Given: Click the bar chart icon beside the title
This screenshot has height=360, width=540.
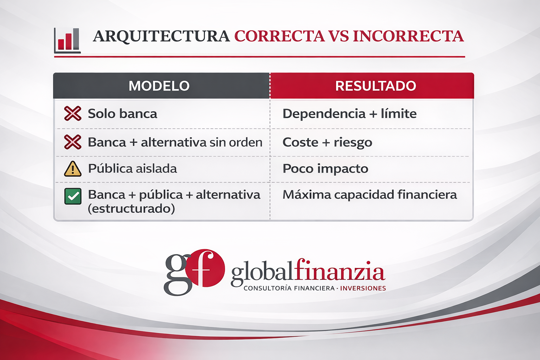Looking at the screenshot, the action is coord(67,40).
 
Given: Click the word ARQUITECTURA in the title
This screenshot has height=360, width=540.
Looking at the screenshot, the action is coord(161,37).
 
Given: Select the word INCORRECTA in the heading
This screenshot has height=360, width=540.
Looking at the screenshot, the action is coord(409,36).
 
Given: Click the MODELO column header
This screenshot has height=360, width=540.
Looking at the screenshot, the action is coord(159,86).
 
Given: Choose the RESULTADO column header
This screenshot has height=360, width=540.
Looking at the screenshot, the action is coord(375,86).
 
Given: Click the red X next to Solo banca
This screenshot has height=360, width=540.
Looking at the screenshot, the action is coord(72,113).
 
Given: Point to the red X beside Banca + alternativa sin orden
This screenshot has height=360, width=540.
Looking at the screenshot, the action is coord(72,142).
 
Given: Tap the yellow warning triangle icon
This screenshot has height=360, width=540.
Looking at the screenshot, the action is coord(72,169).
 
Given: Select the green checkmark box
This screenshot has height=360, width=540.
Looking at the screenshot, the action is coord(73,196).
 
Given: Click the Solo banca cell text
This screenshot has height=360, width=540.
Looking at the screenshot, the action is coord(122,114).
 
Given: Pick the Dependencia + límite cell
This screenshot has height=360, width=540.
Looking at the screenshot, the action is coord(349,114).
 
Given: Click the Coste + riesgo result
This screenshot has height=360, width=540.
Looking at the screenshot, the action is coord(327,142).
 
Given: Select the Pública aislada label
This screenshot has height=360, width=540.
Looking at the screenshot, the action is coord(133,168).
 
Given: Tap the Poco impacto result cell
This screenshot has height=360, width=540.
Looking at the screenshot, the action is coord(326,168).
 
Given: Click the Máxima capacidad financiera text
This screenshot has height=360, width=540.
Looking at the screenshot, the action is coord(370,194).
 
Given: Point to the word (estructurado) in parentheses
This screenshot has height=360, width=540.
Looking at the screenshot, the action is coord(131,208).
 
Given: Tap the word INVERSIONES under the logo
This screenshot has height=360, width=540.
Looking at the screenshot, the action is coord(363,288).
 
